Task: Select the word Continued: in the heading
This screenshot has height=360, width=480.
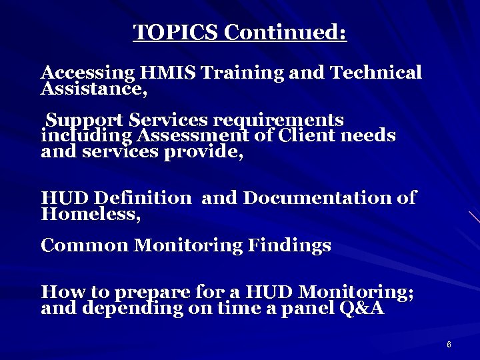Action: pyautogui.click(x=285, y=32)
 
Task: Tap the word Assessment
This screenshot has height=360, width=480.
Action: pyautogui.click(x=188, y=136)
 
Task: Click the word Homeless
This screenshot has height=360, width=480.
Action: pyautogui.click(x=91, y=215)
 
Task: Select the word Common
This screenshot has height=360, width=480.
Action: pyautogui.click(x=85, y=245)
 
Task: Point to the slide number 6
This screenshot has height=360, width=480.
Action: pyautogui.click(x=449, y=345)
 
